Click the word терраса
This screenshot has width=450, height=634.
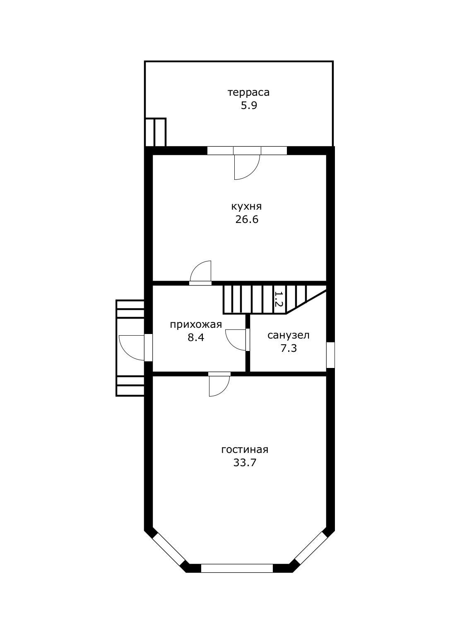pos(249,92)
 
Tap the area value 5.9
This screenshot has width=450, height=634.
pos(249,106)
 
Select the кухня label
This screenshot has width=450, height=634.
pos(247,207)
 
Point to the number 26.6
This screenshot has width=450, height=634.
pos(247,220)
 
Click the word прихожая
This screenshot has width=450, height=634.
pos(196,324)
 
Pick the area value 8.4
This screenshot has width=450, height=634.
pos(196,338)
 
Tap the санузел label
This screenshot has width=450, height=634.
pos(289,335)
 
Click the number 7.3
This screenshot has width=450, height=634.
pos(289,348)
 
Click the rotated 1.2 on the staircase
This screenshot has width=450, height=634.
pos(279,300)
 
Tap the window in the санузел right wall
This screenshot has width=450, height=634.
pos(330,355)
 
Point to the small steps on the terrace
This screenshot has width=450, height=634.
pos(155,132)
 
